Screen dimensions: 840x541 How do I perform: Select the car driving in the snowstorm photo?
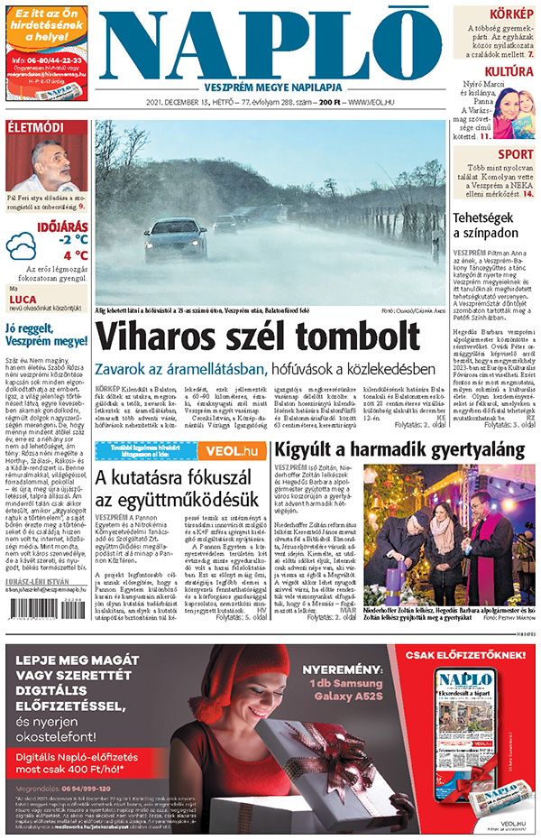pos(175,237)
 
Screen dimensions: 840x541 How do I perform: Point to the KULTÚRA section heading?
pos(509,71)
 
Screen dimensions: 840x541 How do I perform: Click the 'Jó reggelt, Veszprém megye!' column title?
pos(45,334)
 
